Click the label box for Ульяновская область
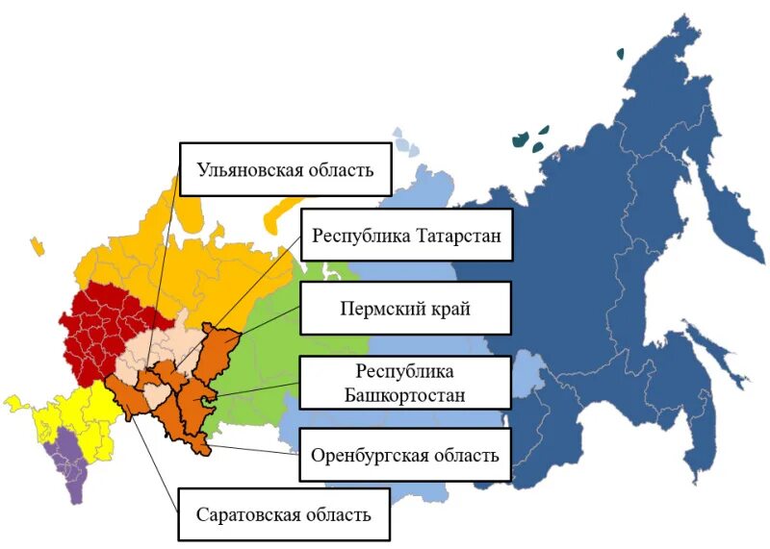(x=285, y=171)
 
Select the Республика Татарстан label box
(x=405, y=235)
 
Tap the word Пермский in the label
(x=376, y=309)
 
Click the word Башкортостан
(x=404, y=394)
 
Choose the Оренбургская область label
(x=404, y=455)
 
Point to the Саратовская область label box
(x=283, y=513)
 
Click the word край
(x=445, y=309)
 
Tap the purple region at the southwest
(x=69, y=462)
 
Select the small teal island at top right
(x=621, y=54)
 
